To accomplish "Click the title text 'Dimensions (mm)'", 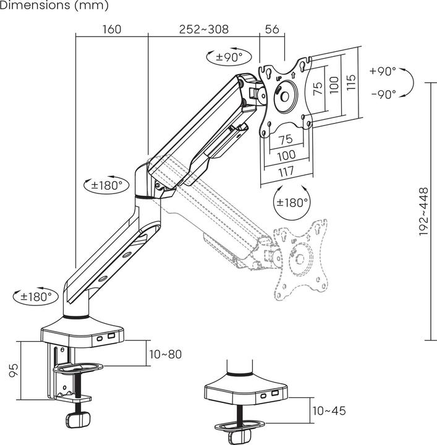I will tap(54, 6).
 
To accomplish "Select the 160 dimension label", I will tap(111, 29).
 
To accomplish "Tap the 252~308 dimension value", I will tap(203, 29).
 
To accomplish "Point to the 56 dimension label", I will tap(272, 29).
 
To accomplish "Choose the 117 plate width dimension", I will tap(286, 172).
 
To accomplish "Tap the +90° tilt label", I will tap(383, 71).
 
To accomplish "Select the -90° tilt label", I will tap(383, 95).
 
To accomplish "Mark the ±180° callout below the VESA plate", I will tap(292, 202).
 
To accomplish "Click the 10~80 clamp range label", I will tap(165, 354).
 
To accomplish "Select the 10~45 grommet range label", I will tap(328, 410).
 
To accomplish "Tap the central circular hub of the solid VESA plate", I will tap(286, 95).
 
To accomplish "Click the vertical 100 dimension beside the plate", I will tap(334, 85).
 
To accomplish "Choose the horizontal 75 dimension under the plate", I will tap(286, 139).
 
